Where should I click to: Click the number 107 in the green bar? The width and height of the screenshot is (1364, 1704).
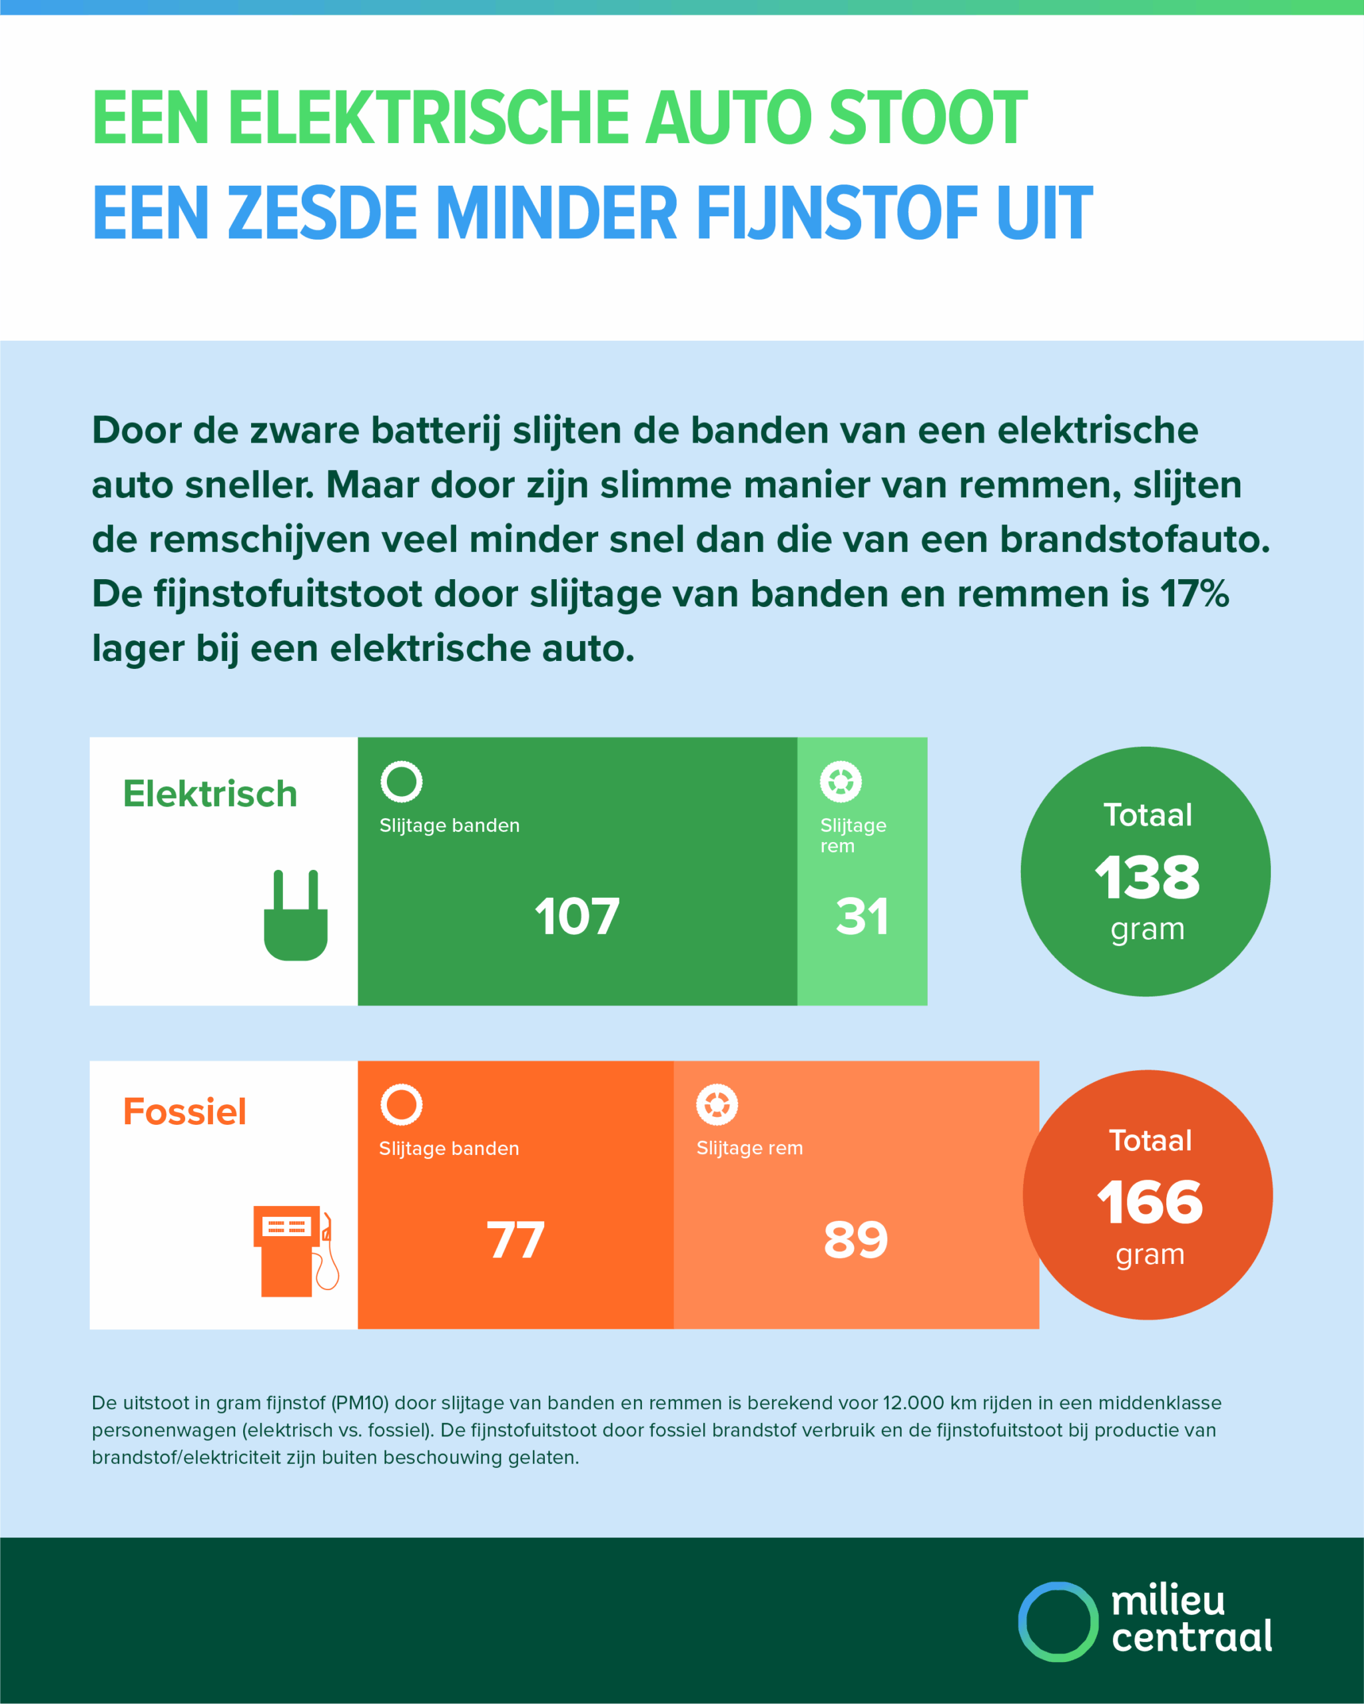click(x=577, y=917)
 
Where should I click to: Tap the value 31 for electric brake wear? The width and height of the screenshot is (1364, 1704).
click(x=862, y=917)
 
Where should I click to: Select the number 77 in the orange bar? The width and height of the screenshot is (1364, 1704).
click(x=515, y=1239)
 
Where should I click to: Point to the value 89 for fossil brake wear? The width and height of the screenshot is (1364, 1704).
click(x=856, y=1239)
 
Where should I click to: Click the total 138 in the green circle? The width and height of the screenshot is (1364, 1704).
click(x=1147, y=877)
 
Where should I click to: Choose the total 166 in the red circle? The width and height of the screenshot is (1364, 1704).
click(x=1149, y=1202)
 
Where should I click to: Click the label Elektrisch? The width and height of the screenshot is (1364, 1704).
click(x=210, y=793)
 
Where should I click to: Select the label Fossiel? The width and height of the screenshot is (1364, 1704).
click(x=184, y=1111)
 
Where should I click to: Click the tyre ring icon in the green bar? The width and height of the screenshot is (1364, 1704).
click(x=402, y=781)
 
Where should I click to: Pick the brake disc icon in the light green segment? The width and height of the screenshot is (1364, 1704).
click(x=841, y=781)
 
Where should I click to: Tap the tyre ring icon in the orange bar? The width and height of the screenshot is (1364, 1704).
click(x=402, y=1104)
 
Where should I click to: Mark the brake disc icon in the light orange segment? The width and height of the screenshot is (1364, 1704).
click(x=717, y=1104)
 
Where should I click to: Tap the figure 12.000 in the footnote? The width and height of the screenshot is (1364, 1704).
click(x=912, y=1403)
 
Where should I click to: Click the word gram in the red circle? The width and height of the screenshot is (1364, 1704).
click(x=1150, y=1254)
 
